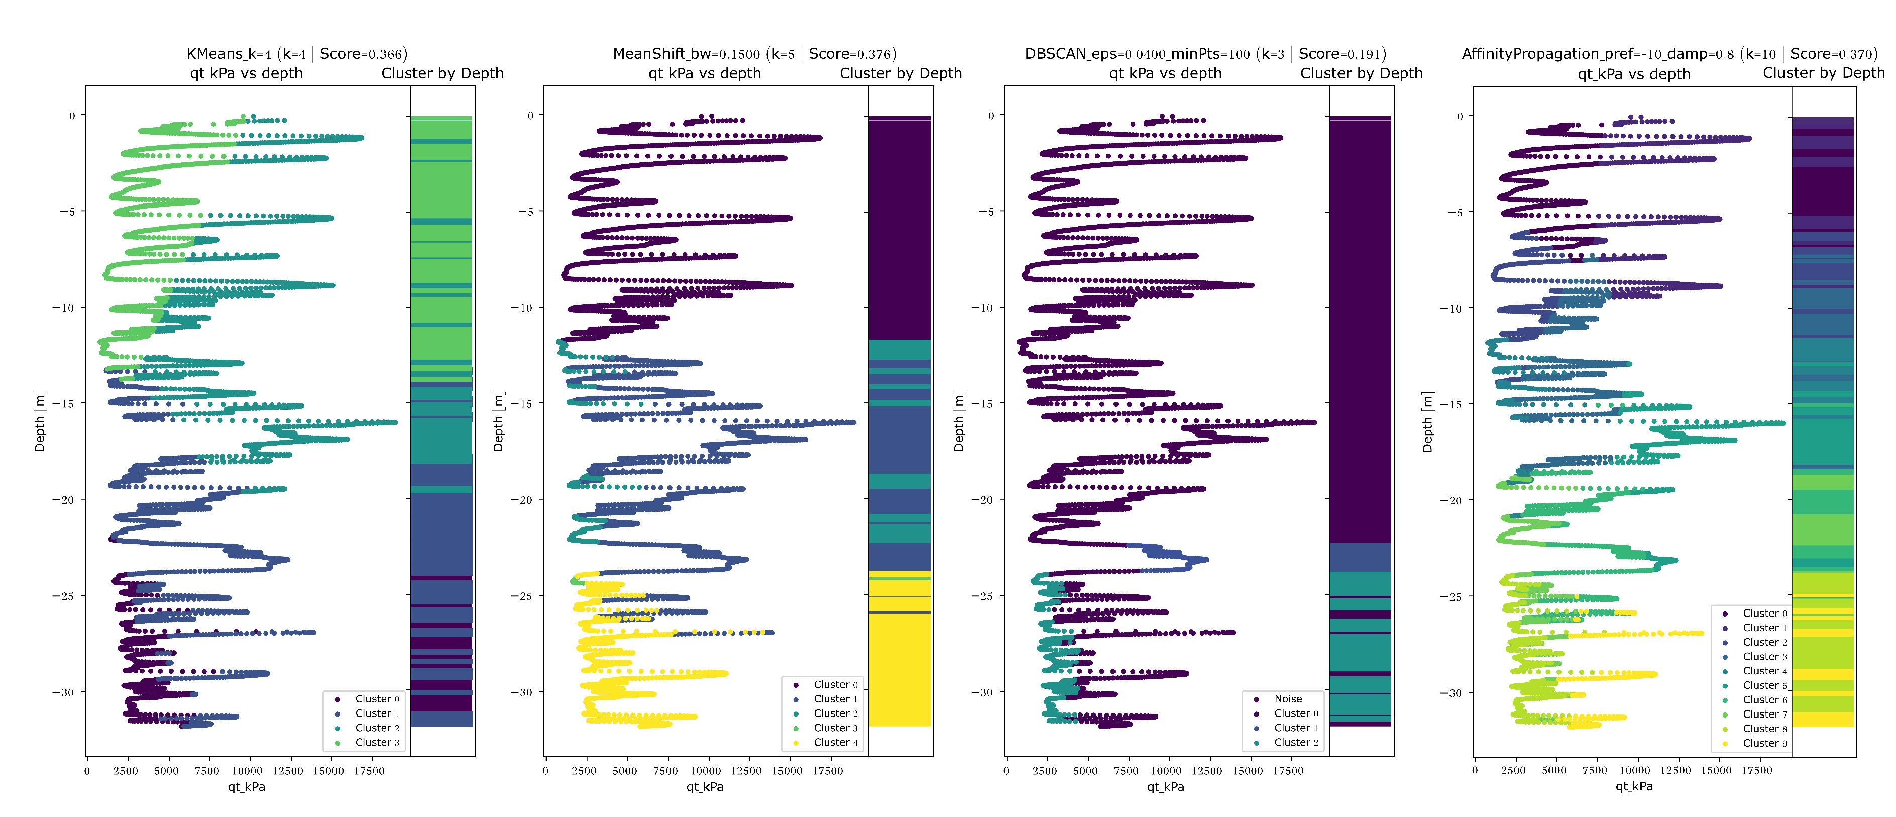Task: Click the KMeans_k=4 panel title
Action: click(x=297, y=54)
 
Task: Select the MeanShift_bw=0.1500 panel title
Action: click(x=754, y=54)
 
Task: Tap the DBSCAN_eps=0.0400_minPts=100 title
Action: click(x=1205, y=54)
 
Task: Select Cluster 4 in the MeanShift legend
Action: click(x=835, y=742)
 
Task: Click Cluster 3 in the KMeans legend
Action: click(x=377, y=742)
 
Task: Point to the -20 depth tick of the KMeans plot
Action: click(x=63, y=500)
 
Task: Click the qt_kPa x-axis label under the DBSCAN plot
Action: click(x=1165, y=787)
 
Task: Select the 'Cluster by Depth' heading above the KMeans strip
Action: click(x=442, y=73)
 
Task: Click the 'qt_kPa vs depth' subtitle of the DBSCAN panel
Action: click(x=1165, y=73)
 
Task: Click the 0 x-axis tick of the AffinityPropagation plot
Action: click(x=1475, y=771)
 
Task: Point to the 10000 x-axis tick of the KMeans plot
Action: click(x=247, y=771)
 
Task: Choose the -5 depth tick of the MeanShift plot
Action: click(x=525, y=211)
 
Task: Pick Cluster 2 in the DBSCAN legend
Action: click(x=1296, y=742)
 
